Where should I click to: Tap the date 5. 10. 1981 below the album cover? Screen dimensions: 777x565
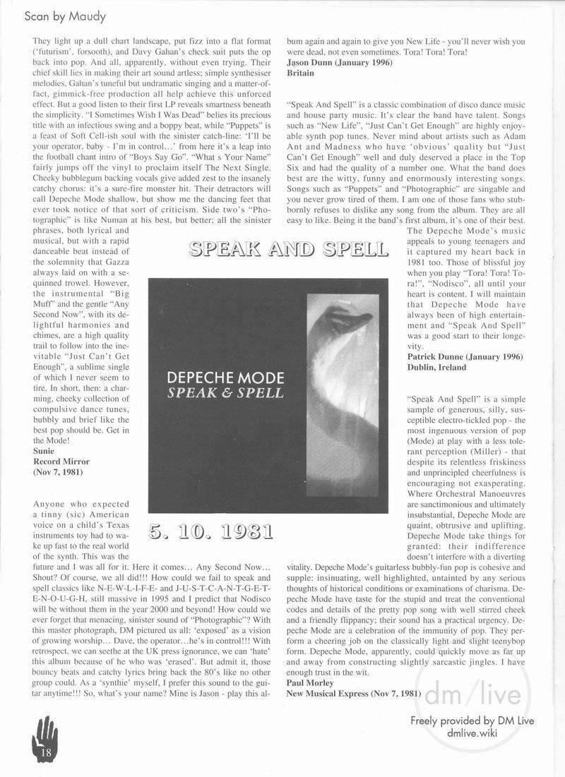212,531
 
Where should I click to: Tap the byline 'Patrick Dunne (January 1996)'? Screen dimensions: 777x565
465,356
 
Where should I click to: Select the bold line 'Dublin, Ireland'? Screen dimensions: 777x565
437,368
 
